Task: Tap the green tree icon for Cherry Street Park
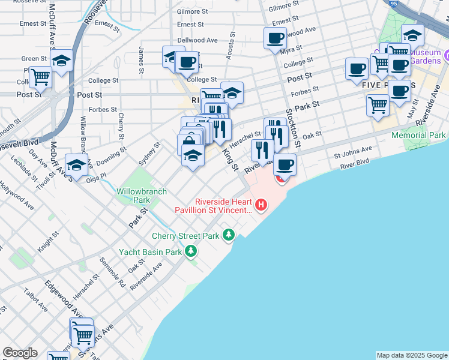[x=228, y=235]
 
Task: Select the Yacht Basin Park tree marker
[x=191, y=251]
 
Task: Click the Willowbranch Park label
[x=133, y=195]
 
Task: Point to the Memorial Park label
[x=418, y=136]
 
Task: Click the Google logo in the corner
[x=20, y=353]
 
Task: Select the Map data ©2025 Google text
[x=411, y=355]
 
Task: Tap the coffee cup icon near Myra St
[x=275, y=38]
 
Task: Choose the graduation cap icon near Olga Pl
[x=76, y=164]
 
